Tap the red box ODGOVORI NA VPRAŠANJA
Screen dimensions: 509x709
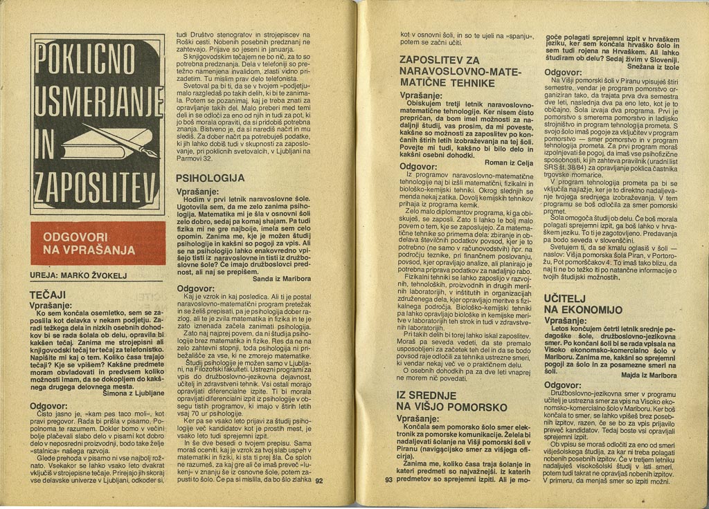[98, 243]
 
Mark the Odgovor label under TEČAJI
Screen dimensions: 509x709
[48, 405]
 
